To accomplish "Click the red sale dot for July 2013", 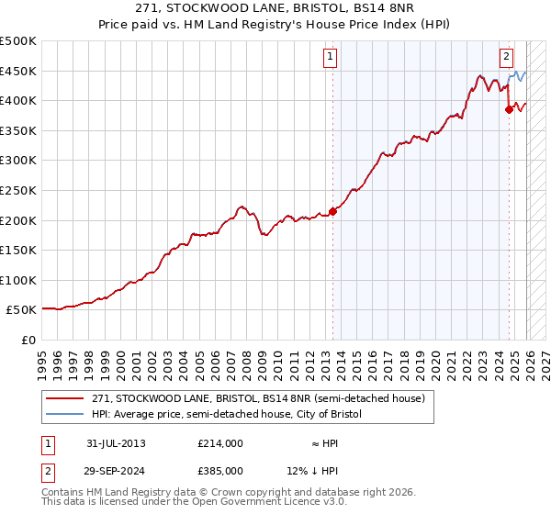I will (x=332, y=211).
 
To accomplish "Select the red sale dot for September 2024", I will (x=509, y=109).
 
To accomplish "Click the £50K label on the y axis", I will (x=22, y=310).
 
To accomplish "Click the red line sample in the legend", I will (x=65, y=399).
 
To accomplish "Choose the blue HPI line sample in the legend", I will (x=65, y=415).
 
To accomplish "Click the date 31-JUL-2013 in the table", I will (x=115, y=443).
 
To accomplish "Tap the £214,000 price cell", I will (x=220, y=443).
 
